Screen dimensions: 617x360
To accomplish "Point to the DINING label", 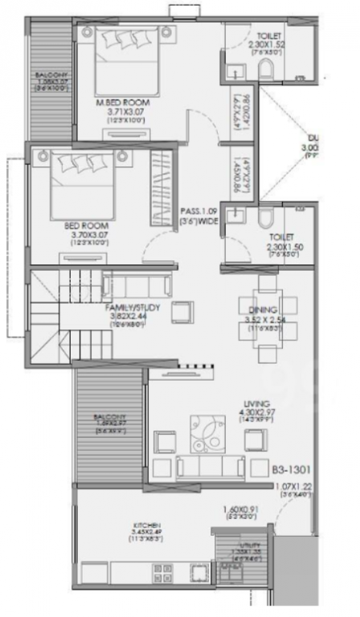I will (263, 309).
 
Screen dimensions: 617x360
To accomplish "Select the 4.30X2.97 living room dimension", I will (260, 413).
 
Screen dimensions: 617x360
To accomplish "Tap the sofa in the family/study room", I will (137, 287).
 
